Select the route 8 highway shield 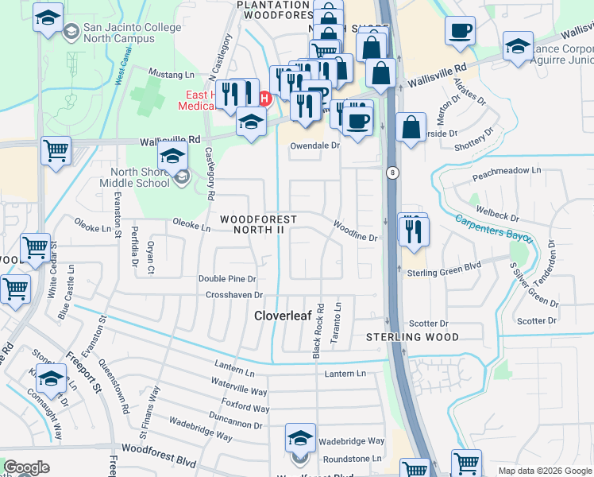391,172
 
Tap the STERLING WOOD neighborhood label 412,337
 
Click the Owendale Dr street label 314,145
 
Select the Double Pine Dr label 227,279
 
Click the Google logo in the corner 26,467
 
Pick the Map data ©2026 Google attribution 545,471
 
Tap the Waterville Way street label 239,390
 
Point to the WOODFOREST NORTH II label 258,224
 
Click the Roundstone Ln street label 350,459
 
